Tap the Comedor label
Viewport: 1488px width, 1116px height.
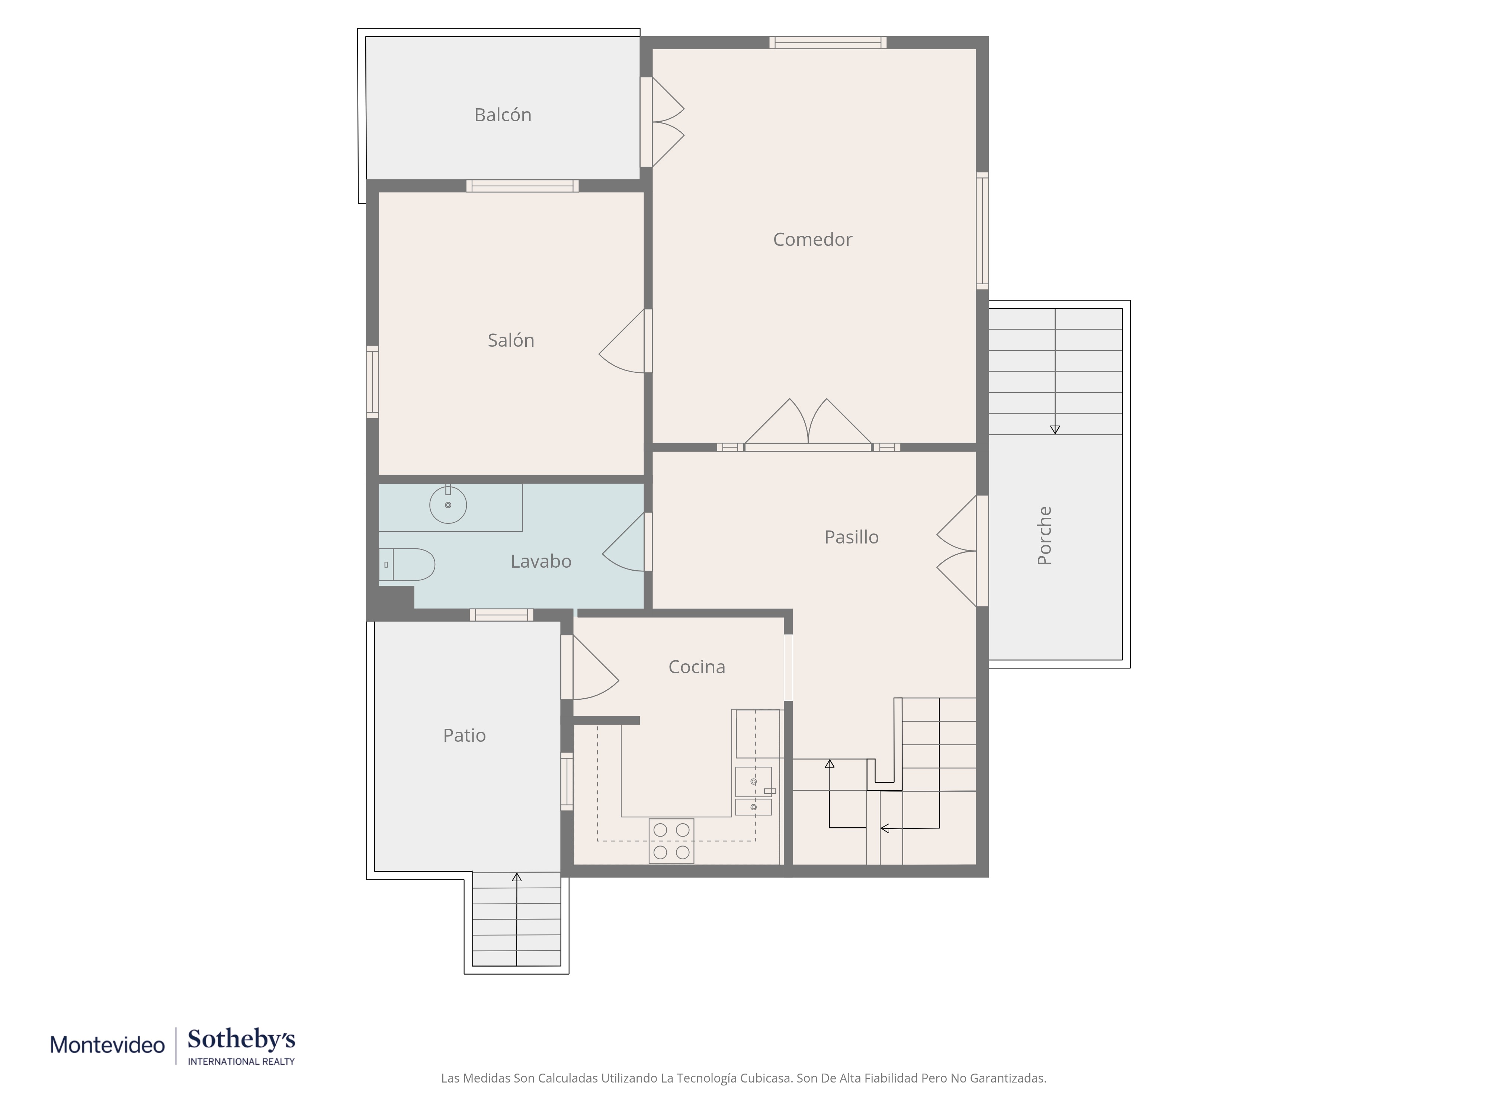(x=812, y=240)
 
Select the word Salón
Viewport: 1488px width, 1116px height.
(x=511, y=340)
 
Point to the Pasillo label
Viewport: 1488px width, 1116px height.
(x=852, y=537)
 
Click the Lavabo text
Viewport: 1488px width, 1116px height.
(x=541, y=561)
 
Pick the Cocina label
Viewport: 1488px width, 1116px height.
(x=697, y=667)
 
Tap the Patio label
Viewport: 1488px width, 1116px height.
(x=464, y=735)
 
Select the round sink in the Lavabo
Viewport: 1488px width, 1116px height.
(x=448, y=504)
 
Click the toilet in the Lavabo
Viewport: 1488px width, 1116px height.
(x=407, y=564)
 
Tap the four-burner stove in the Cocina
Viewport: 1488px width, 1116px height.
(x=671, y=841)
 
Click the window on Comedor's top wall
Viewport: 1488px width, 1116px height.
(x=828, y=42)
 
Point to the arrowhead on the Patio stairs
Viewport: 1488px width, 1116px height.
(x=517, y=877)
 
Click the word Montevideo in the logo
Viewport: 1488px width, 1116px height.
(x=108, y=1045)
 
